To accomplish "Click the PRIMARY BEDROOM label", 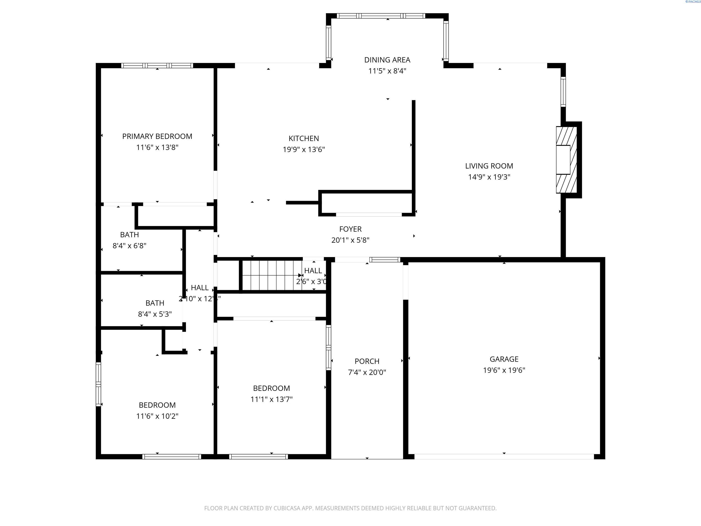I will [x=157, y=136].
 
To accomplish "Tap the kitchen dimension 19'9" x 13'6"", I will [x=303, y=149].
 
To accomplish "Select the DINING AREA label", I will [x=387, y=60].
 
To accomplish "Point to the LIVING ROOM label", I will [x=489, y=166].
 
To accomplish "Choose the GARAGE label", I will [x=504, y=359].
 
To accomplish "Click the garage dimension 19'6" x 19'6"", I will [x=504, y=370].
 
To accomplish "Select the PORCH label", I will [x=367, y=361].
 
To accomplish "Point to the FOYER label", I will [x=350, y=229].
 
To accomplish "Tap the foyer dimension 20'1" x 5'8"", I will [x=350, y=240].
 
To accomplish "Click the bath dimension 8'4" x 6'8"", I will [x=129, y=246].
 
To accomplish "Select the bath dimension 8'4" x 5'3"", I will [x=155, y=314].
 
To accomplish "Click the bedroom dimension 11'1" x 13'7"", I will [x=271, y=399].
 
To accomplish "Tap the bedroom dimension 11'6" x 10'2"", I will [x=157, y=416].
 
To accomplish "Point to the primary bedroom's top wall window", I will [x=157, y=66].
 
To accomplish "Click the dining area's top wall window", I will [x=381, y=16].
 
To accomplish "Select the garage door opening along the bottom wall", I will [x=504, y=457].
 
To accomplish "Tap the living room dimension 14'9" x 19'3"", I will [x=489, y=177].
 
